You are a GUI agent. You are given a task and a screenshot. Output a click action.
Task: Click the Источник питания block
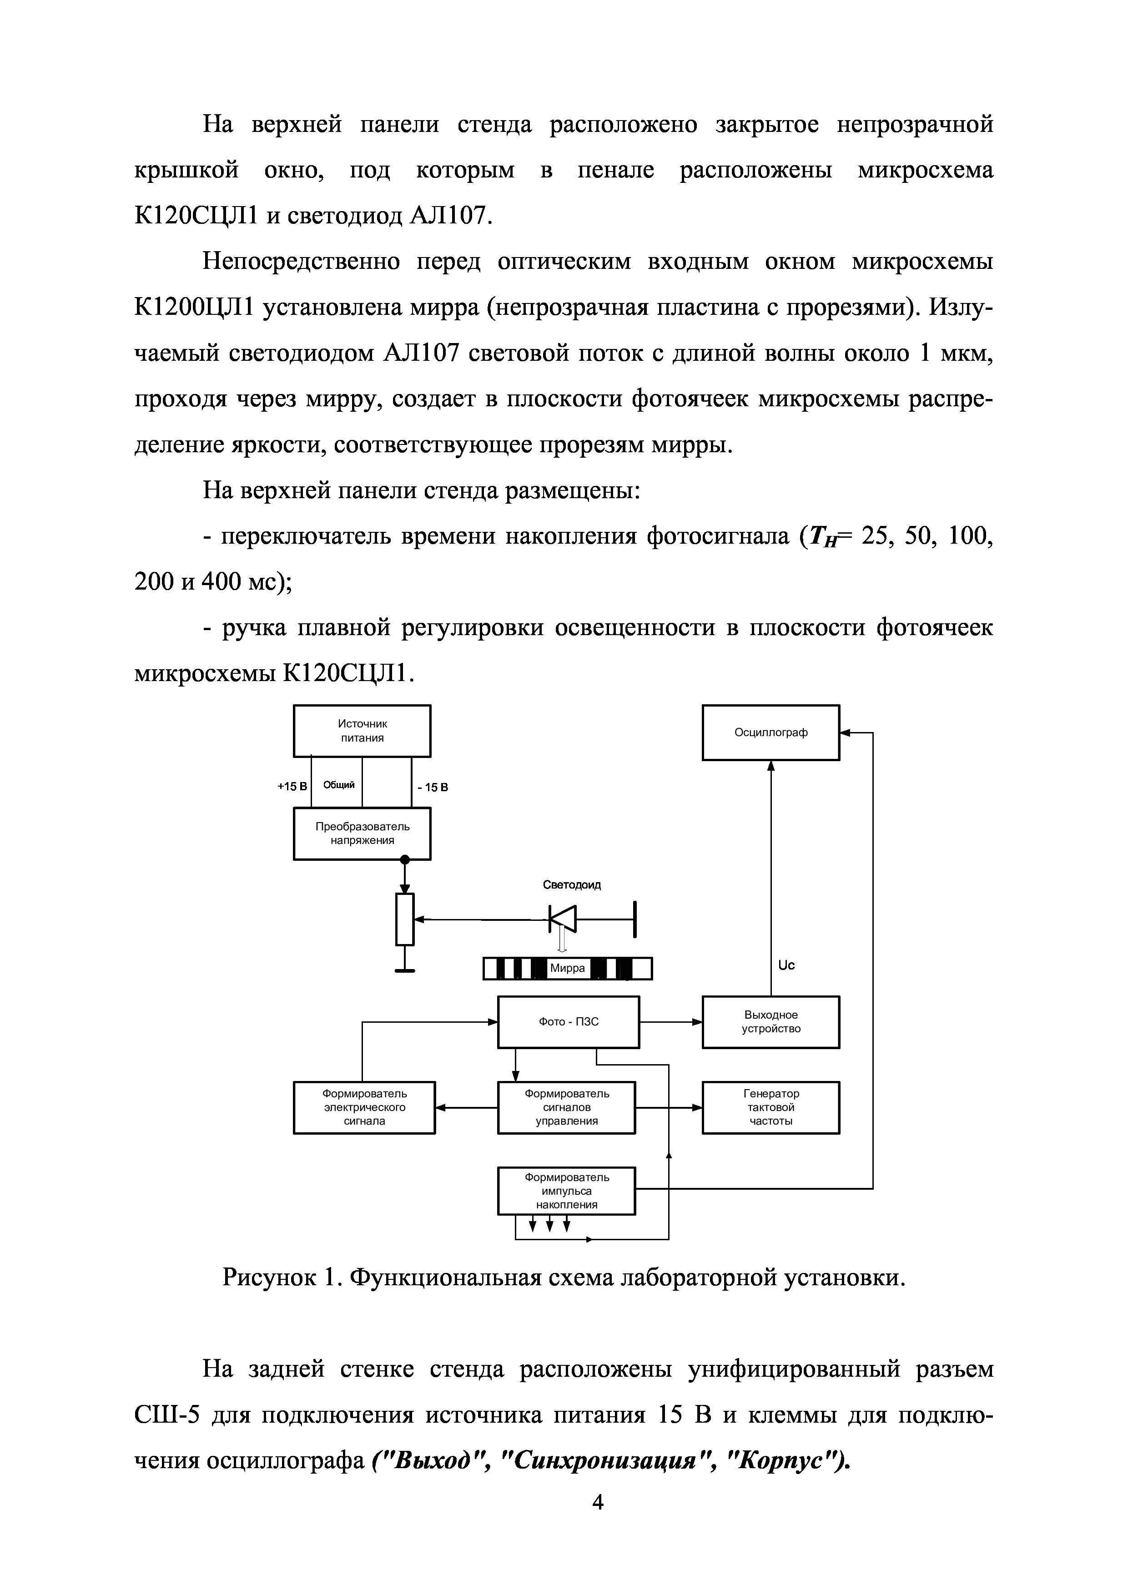pyautogui.click(x=362, y=731)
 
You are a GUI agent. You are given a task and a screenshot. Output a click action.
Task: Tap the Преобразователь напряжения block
pyautogui.click(x=362, y=833)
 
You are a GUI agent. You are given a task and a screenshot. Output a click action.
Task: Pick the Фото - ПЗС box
pyautogui.click(x=569, y=1022)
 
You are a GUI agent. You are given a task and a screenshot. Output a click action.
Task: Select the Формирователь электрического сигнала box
pyautogui.click(x=364, y=1107)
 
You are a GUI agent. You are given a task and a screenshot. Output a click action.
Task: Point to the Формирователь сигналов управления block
pyautogui.click(x=566, y=1107)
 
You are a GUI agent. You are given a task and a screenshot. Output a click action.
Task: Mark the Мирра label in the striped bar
pyautogui.click(x=567, y=968)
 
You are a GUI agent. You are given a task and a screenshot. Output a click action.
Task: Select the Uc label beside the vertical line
pyautogui.click(x=786, y=965)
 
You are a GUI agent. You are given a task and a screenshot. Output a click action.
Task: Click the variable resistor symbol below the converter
pyautogui.click(x=404, y=919)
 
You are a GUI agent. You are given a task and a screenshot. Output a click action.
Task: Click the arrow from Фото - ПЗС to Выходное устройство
pyautogui.click(x=671, y=1022)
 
